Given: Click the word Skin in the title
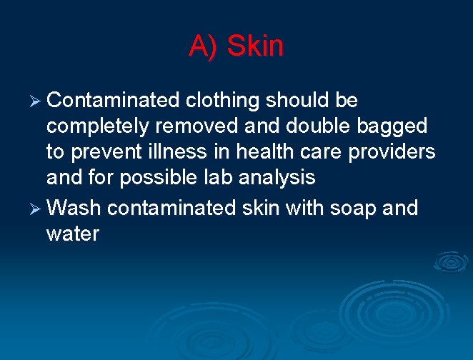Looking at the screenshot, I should pyautogui.click(x=255, y=47).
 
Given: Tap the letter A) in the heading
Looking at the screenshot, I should pyautogui.click(x=203, y=47).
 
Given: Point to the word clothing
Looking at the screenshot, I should pyautogui.click(x=221, y=101).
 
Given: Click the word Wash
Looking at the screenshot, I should pyautogui.click(x=75, y=208).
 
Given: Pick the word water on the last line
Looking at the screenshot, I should pyautogui.click(x=72, y=234).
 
